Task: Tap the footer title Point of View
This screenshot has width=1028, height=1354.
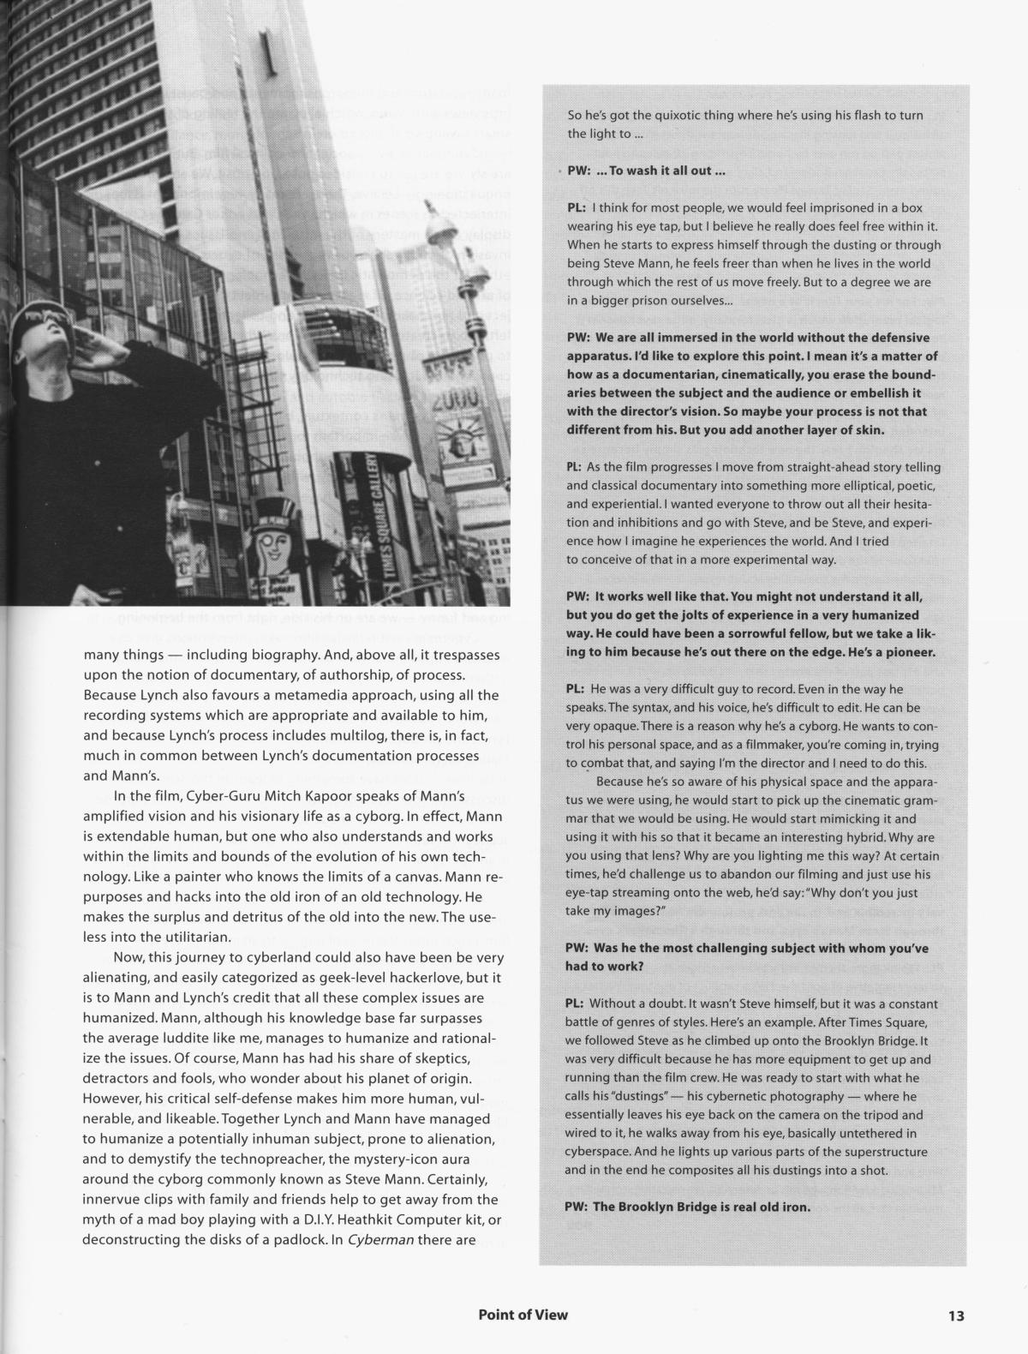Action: pos(523,1315)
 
